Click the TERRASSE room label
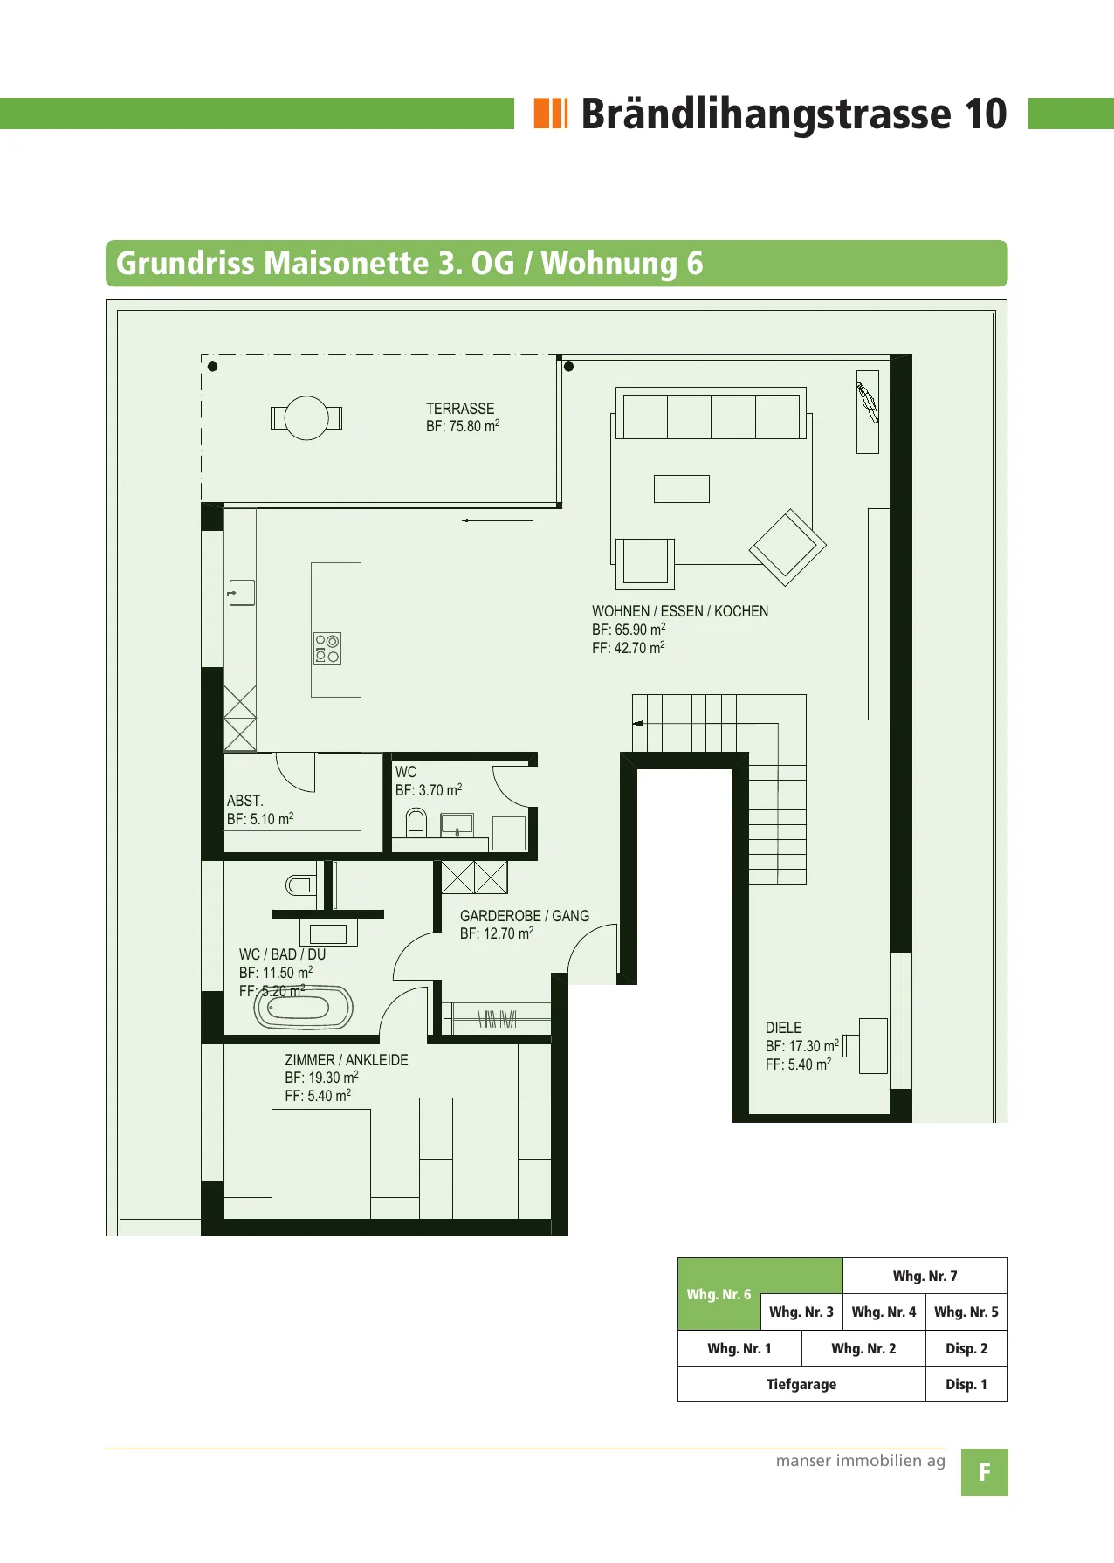460,409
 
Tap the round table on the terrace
306,418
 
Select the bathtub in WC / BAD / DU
304,1008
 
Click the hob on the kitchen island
327,649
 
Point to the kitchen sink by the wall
242,593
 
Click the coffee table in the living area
682,489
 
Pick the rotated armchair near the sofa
787,547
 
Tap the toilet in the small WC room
416,822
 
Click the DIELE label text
784,1028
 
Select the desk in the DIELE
873,1045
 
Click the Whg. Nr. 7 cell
925,1276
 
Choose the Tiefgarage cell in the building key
801,1384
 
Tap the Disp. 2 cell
966,1348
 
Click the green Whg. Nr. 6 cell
719,1294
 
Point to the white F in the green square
985,1473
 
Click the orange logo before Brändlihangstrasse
551,114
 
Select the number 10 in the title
986,114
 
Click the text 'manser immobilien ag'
861,1461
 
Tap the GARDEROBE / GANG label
525,916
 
